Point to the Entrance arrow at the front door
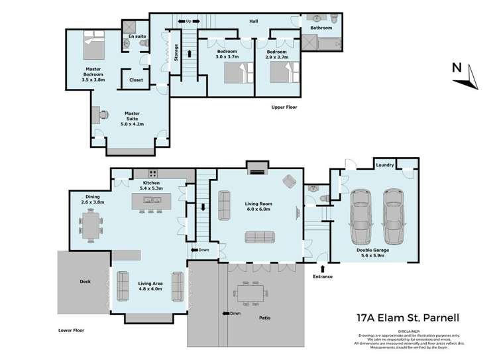pyautogui.click(x=322, y=269)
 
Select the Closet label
pyautogui.click(x=136, y=80)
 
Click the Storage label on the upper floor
pyautogui.click(x=176, y=52)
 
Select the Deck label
pyautogui.click(x=85, y=281)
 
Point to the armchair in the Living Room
pyautogui.click(x=290, y=180)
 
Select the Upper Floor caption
pyautogui.click(x=283, y=107)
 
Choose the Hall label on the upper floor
pyautogui.click(x=253, y=21)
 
